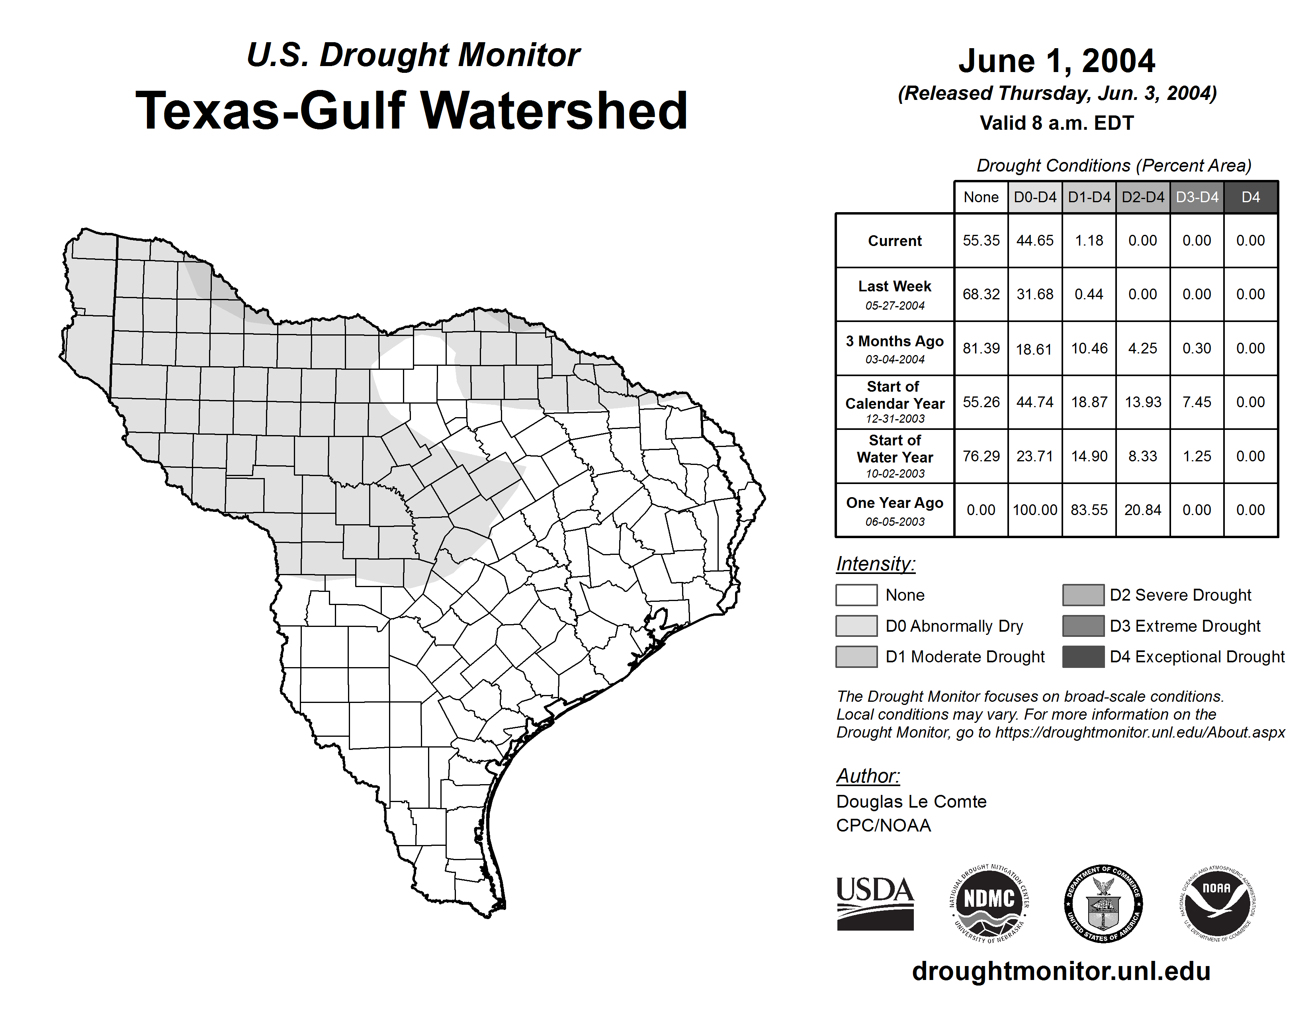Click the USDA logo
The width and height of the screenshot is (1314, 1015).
[x=875, y=903]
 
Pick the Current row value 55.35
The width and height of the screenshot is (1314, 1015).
[x=981, y=240]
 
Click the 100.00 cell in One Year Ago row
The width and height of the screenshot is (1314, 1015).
[x=1035, y=510]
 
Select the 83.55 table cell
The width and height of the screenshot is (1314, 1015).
[x=1089, y=510]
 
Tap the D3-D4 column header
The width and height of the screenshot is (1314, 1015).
[x=1197, y=197]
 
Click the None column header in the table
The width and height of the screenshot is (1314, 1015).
[x=981, y=197]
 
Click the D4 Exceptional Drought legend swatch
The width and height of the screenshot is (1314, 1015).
[x=1083, y=657]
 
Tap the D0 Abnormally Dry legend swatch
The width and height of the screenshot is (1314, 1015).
[x=856, y=626]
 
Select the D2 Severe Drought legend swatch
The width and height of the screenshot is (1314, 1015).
[x=1083, y=595]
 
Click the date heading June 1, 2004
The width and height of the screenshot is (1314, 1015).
[x=1056, y=61]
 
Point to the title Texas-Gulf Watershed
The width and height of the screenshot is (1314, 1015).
[x=412, y=111]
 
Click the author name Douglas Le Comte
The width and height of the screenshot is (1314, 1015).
[x=911, y=802]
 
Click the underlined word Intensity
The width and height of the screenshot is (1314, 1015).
[x=875, y=564]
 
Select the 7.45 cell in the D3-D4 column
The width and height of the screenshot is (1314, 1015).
[x=1197, y=402]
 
